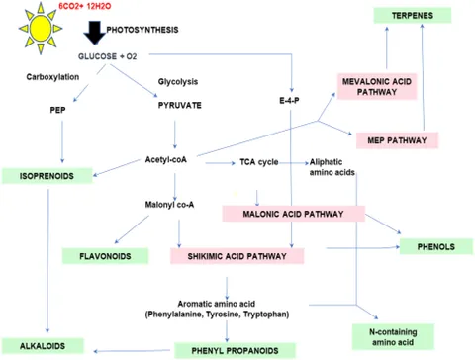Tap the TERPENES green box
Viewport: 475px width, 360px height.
pyautogui.click(x=406, y=16)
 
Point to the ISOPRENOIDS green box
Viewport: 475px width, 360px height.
pyautogui.click(x=43, y=176)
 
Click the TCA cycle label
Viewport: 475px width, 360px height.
pyautogui.click(x=259, y=161)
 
